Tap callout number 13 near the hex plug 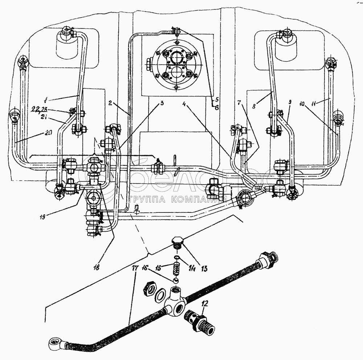[x=204, y=269]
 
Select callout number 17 [x=135, y=269]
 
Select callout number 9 [x=290, y=103]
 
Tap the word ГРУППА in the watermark [x=142, y=199]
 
